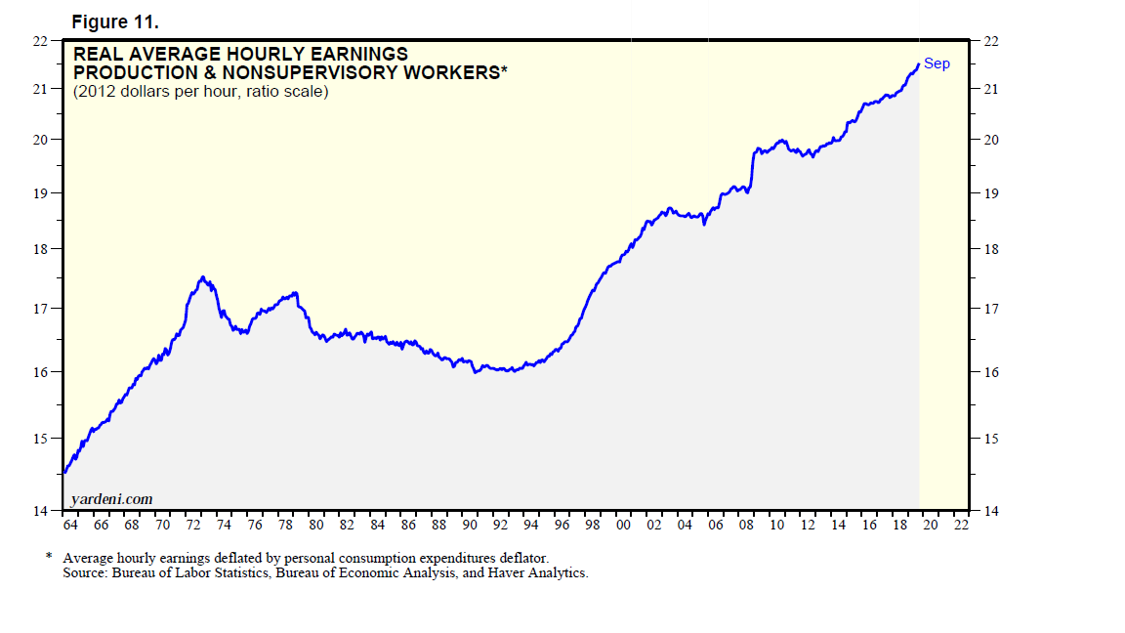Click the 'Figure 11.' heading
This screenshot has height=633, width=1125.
point(115,21)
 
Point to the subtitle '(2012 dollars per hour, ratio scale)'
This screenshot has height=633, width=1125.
point(200,92)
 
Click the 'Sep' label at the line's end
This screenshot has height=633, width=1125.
point(937,63)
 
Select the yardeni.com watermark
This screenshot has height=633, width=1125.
point(111,499)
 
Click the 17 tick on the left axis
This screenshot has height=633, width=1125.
point(41,309)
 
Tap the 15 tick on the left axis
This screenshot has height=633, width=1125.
point(41,438)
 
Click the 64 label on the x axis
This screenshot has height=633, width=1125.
point(69,525)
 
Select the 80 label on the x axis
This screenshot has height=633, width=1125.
point(315,525)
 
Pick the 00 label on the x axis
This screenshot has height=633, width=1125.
point(623,525)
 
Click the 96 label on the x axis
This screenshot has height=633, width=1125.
point(562,525)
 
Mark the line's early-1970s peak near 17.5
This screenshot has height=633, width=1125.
point(201,277)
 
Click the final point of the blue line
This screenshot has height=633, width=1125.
point(918,64)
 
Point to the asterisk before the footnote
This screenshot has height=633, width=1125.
point(49,557)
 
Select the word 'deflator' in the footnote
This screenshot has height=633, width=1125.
point(483,557)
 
